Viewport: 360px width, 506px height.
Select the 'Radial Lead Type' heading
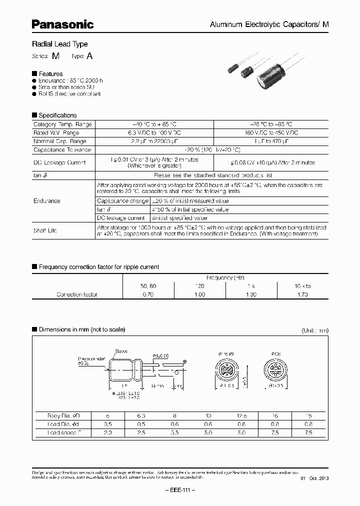[59, 44]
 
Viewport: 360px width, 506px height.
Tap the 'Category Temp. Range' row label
[62, 124]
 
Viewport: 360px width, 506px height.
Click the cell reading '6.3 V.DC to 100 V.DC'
[154, 132]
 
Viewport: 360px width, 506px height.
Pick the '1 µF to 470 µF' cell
[271, 141]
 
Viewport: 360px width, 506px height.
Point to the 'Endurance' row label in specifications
[47, 201]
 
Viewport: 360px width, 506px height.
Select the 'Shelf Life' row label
[45, 230]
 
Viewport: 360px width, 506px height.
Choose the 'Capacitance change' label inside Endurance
[122, 201]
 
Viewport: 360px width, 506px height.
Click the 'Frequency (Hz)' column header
[225, 277]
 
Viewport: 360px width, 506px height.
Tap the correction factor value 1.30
[251, 294]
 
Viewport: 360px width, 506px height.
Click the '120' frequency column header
[199, 286]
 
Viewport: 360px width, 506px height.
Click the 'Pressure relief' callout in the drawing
[89, 359]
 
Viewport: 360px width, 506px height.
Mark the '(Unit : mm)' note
[315, 330]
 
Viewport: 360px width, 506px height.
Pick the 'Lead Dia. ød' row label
[62, 423]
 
